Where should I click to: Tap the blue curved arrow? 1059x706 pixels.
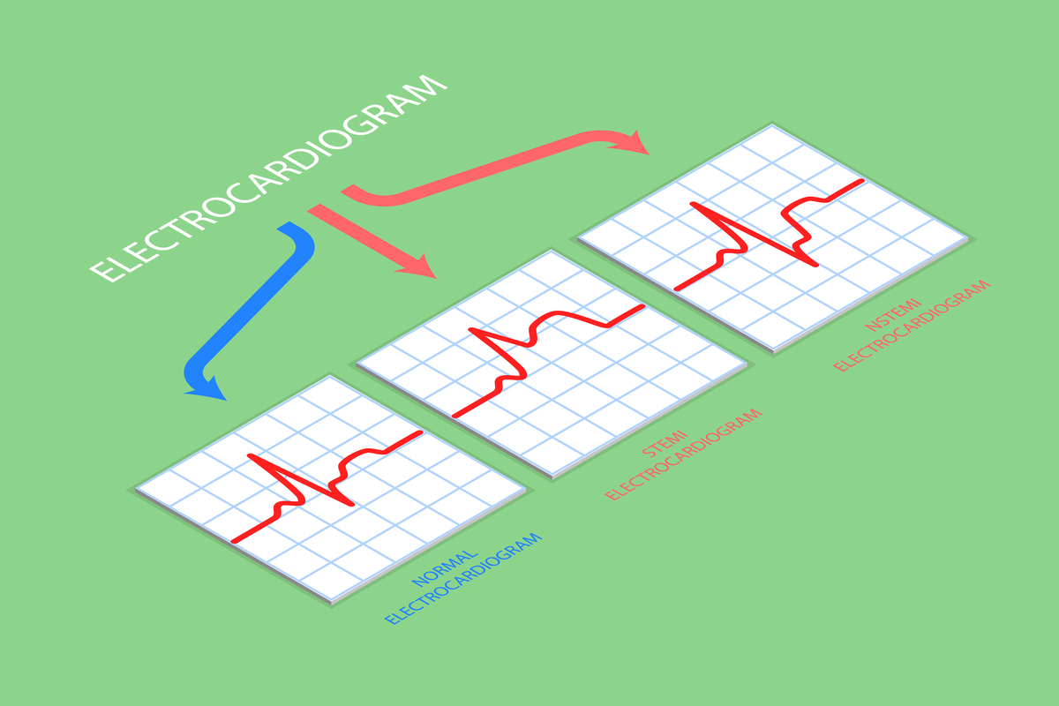click(x=265, y=300)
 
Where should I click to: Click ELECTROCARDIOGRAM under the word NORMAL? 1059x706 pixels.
click(x=463, y=579)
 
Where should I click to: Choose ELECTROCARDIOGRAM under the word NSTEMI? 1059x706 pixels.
click(x=913, y=326)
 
